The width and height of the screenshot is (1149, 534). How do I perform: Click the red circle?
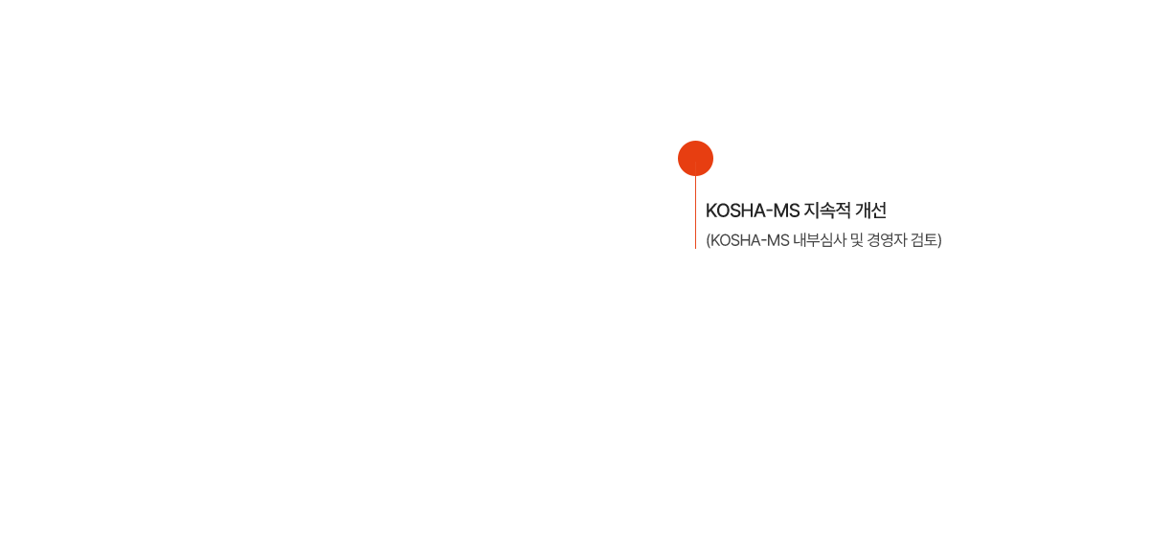point(695,158)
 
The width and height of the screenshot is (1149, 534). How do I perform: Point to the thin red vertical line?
point(695,212)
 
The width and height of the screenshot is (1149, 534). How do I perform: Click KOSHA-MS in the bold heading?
point(753,211)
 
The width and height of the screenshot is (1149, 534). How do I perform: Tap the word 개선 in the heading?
point(871,211)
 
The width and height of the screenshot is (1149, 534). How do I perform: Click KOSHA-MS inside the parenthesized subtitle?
point(750,240)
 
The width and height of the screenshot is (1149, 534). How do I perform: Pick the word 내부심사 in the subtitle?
point(820,240)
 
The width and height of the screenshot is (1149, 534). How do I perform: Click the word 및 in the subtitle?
point(857,240)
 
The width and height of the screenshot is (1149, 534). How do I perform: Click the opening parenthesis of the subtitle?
point(708,240)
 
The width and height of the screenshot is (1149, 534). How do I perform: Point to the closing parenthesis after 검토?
point(939,240)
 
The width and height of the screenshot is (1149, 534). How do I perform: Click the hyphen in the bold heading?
point(769,211)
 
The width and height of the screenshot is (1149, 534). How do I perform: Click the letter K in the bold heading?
point(711,211)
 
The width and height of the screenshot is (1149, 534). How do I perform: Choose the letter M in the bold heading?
point(780,211)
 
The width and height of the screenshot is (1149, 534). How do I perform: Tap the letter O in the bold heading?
point(724,211)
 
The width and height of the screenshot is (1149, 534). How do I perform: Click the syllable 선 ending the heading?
point(879,211)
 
